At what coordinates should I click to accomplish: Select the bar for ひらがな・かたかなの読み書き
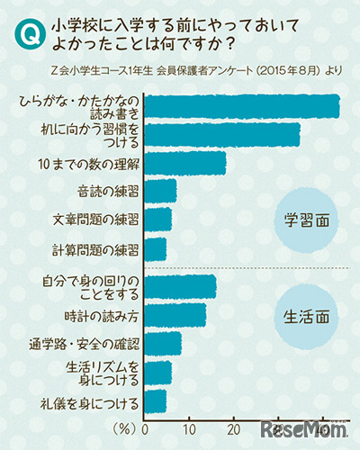241,107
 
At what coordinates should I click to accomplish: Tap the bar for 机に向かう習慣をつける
221,135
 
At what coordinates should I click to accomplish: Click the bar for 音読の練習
160,191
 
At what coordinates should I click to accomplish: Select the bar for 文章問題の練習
157,219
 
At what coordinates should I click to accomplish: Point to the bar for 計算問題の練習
155,247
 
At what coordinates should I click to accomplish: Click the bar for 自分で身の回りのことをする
180,286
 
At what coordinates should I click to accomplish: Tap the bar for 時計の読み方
175,315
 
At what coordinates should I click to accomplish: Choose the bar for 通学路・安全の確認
163,344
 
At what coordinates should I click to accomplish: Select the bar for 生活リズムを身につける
157,372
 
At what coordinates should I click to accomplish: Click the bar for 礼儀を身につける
155,400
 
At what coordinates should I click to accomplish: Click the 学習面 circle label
306,218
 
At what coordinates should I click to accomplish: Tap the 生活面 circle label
306,318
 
